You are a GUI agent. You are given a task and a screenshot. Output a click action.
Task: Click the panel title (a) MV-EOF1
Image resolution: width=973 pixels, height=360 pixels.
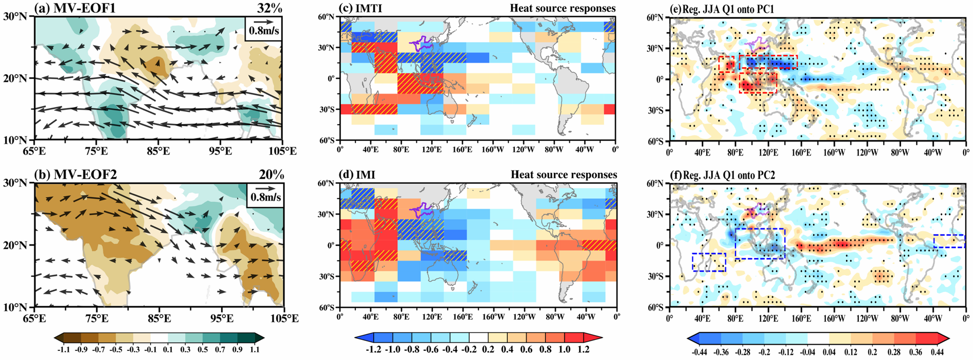point(75,8)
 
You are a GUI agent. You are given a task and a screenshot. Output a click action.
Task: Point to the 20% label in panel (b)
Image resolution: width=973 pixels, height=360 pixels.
point(271,174)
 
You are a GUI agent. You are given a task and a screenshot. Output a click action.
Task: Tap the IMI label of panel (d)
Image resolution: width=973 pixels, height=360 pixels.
point(357,174)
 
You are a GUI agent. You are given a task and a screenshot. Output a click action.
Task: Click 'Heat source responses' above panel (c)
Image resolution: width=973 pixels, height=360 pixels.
point(562,8)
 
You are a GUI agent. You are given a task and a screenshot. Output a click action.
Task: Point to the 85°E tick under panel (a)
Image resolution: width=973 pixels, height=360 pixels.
point(158,150)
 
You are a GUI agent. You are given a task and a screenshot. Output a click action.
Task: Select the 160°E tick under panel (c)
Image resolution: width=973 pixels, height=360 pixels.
point(461,149)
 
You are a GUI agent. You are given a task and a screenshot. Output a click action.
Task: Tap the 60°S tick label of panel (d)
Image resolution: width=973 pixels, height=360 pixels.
point(326,307)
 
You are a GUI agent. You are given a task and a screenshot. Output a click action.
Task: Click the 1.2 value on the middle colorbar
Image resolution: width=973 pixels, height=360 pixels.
point(583,350)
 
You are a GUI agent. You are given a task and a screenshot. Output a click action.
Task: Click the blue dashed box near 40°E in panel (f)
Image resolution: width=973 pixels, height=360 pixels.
point(709,262)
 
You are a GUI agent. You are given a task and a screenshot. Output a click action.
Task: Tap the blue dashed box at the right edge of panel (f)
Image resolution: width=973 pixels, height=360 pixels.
point(949,241)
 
